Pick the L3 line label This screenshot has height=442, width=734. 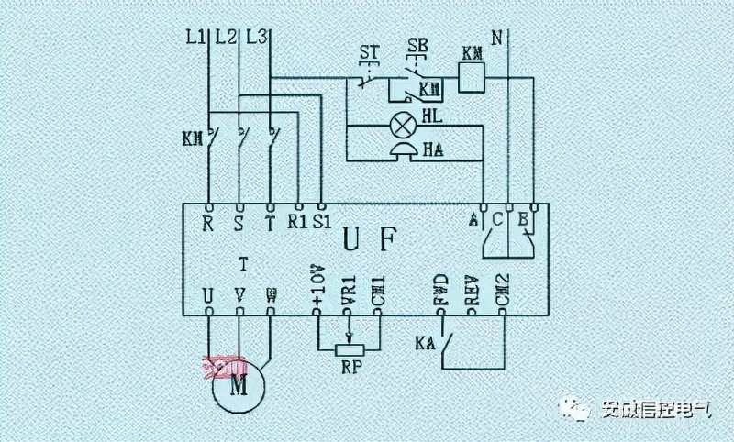(x=258, y=38)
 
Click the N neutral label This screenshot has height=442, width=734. (x=497, y=39)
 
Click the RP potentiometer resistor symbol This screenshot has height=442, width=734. (x=348, y=349)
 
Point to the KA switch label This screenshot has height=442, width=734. (x=424, y=344)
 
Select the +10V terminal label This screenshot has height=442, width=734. (x=317, y=285)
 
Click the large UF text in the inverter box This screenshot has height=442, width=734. (x=370, y=241)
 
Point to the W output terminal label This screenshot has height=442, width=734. (x=271, y=295)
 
